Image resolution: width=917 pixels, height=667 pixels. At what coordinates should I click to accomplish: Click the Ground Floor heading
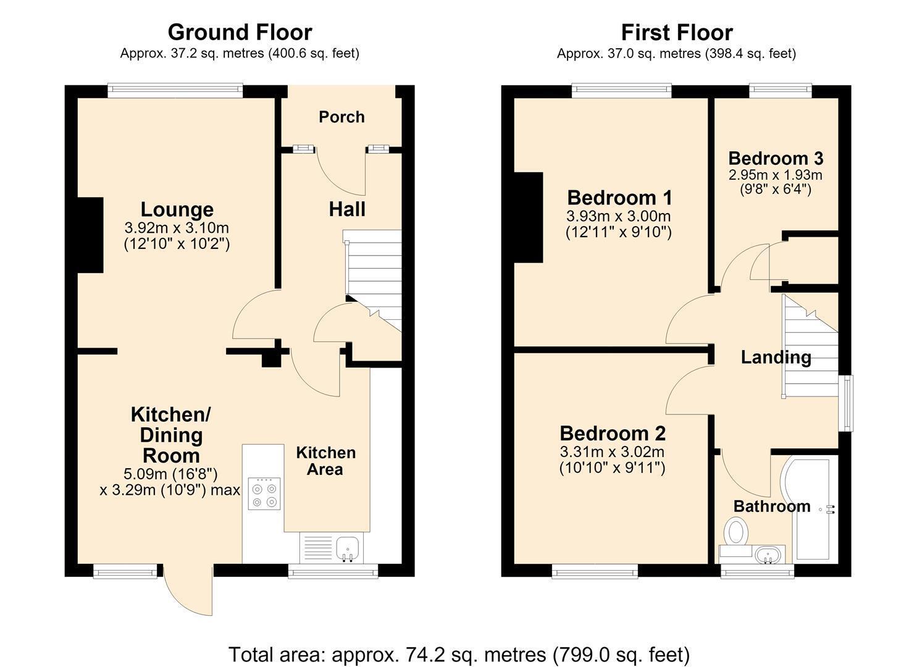point(240,32)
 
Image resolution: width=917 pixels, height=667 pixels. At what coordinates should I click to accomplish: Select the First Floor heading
point(677,32)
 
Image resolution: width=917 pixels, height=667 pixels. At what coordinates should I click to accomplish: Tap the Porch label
point(342,117)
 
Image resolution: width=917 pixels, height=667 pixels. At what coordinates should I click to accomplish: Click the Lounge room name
point(177,209)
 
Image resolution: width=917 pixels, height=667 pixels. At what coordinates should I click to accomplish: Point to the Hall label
point(347,209)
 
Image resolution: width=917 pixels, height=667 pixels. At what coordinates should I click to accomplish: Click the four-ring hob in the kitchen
point(264,493)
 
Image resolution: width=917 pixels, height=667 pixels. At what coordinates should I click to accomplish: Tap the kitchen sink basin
point(348,548)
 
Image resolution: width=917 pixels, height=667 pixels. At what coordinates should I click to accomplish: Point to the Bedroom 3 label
point(776,159)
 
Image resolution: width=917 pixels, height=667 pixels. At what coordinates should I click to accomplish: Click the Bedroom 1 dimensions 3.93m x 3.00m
point(619,216)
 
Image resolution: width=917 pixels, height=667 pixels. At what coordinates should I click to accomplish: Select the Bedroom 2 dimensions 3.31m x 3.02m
point(612,452)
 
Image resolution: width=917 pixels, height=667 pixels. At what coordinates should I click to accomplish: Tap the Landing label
point(776,358)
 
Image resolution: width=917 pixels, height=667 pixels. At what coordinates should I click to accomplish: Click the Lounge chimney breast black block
point(90,235)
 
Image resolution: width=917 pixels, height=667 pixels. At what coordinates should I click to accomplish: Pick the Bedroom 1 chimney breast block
point(529,217)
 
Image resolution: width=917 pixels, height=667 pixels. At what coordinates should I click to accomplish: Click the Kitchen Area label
point(326,461)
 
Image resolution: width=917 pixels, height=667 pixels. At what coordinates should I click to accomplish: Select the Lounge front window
point(175,91)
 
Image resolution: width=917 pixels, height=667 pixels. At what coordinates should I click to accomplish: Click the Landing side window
point(846,403)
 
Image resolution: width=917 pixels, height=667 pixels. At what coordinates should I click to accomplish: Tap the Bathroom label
point(772,506)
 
